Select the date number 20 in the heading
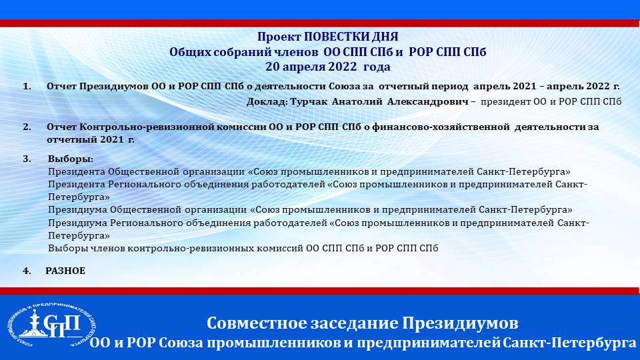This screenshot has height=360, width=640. click(272, 67)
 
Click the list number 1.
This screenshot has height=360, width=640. click(27, 87)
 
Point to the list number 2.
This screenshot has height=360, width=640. click(27, 127)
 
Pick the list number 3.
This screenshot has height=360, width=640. click(27, 159)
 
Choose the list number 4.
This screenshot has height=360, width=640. click(27, 271)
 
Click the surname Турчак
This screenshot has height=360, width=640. click(309, 101)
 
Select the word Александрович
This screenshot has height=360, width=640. click(427, 101)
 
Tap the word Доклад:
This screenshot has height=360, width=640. click(267, 102)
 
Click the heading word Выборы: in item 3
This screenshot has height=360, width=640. click(71, 159)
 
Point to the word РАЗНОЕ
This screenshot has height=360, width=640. click(65, 271)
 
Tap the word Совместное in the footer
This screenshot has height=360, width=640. click(257, 323)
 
